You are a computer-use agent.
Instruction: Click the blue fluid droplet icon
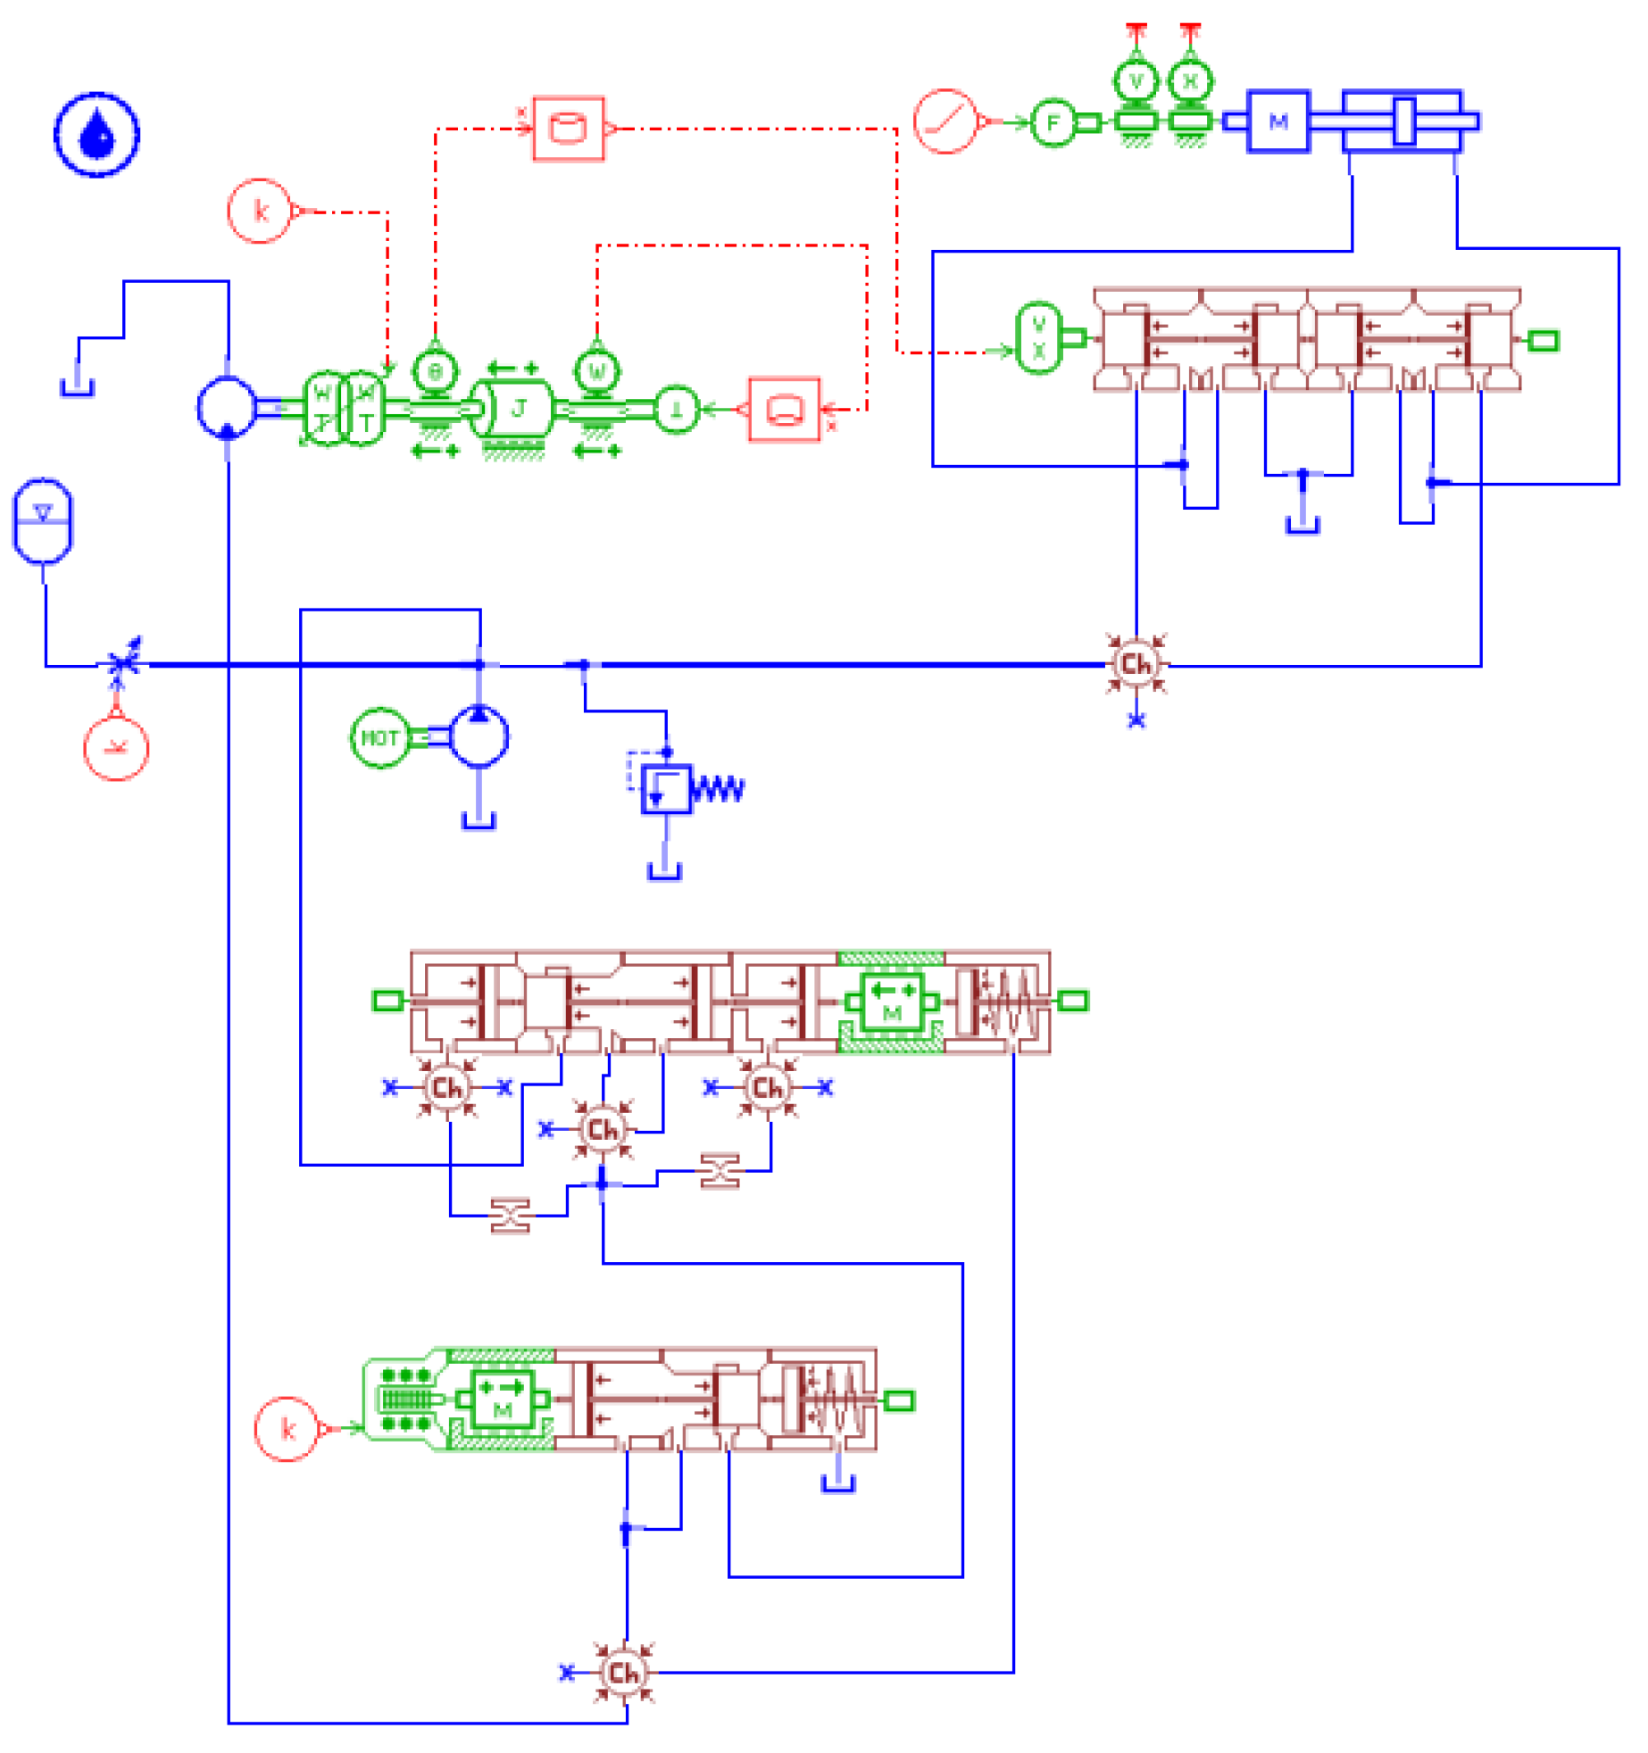pos(96,135)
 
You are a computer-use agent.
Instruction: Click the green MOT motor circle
pos(379,738)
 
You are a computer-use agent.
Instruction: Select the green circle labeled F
pos(1053,122)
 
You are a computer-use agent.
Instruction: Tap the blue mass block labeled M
pos(1278,121)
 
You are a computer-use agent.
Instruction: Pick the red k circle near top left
pos(260,211)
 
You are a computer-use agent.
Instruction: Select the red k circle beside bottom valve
pos(287,1429)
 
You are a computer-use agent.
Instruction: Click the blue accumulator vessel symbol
pos(42,520)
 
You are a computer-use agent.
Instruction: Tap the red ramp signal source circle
pos(945,121)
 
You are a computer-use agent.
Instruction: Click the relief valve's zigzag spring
pos(718,789)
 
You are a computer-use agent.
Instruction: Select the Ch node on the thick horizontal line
pos(1136,664)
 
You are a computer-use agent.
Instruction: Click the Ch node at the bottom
pos(624,1673)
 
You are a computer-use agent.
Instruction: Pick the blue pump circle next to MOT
pos(479,736)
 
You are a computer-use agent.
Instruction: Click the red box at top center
pos(569,129)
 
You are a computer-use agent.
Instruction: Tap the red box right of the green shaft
pos(784,410)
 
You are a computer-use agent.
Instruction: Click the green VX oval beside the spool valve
pos(1039,338)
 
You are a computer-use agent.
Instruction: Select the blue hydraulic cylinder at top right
pos(1402,121)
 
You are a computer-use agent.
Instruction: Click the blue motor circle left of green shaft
pos(227,407)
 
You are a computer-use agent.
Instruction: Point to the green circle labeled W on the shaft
pos(597,370)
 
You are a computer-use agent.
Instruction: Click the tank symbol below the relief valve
pos(664,871)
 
